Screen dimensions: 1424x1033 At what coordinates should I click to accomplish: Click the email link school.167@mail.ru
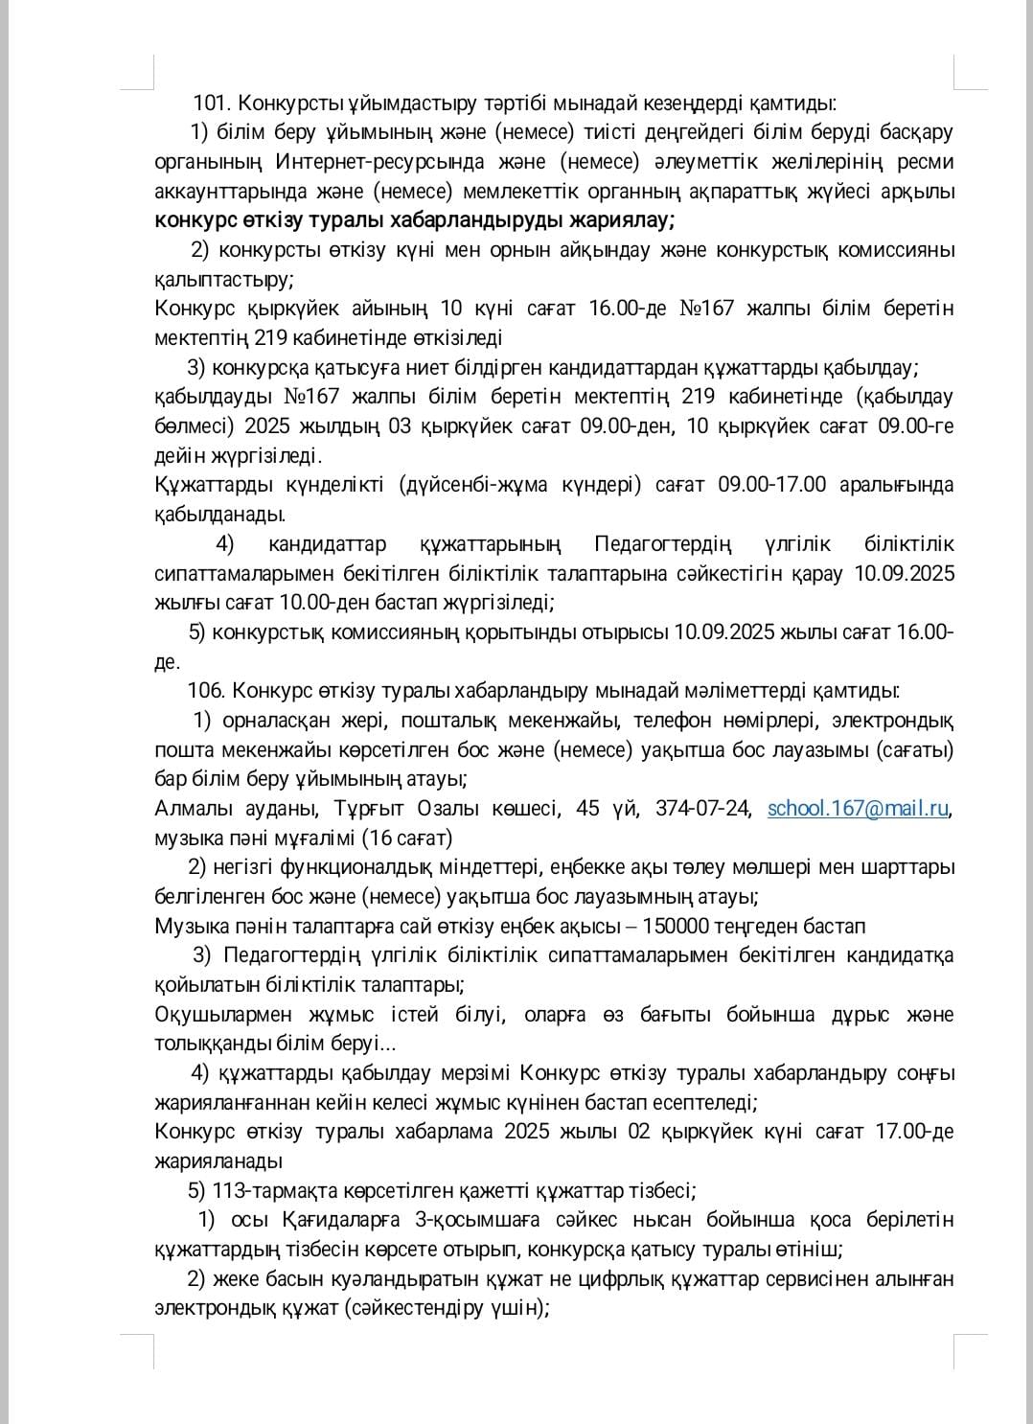tap(858, 808)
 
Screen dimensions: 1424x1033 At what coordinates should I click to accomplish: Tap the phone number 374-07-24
tap(703, 808)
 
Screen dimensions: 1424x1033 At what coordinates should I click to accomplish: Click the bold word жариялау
tap(622, 220)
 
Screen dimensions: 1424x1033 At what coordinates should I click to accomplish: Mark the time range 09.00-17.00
tap(771, 484)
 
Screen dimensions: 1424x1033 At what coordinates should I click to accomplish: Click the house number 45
tap(587, 808)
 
